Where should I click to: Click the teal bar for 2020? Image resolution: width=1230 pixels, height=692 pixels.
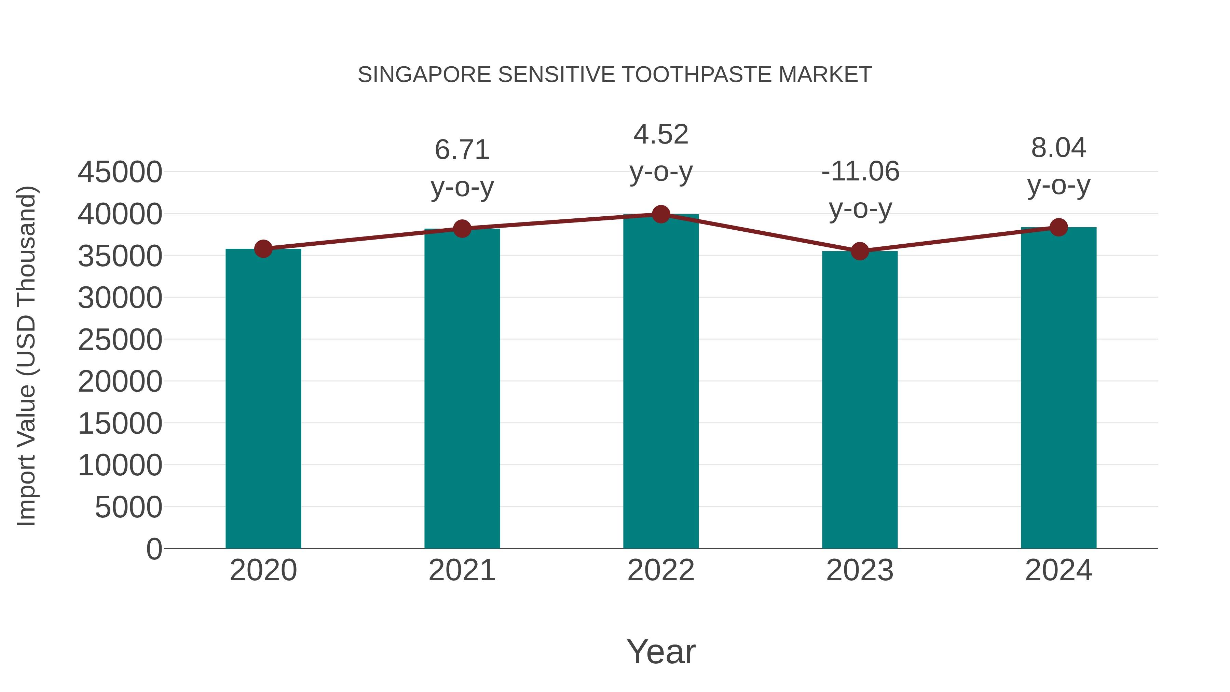[263, 399]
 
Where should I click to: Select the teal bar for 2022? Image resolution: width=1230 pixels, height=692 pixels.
[661, 382]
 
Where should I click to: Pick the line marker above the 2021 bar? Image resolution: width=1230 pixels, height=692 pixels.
[462, 229]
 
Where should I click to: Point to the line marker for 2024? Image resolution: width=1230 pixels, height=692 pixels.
[1058, 227]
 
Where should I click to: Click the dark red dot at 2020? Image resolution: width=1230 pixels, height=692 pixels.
[263, 249]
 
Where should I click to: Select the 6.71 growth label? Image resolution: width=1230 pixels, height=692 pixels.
[462, 150]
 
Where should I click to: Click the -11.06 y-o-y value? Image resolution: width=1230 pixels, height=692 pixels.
[860, 172]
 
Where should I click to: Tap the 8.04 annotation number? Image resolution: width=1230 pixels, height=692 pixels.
[1058, 148]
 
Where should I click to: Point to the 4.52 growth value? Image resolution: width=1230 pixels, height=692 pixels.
[661, 134]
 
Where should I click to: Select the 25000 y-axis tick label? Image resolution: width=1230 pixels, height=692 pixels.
[120, 340]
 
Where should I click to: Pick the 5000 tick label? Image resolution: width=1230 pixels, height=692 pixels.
[128, 507]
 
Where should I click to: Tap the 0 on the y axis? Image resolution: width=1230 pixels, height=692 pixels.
[154, 549]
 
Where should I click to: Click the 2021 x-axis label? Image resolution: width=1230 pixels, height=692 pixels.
[462, 570]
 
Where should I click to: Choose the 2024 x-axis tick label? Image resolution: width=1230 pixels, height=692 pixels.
[1058, 570]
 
